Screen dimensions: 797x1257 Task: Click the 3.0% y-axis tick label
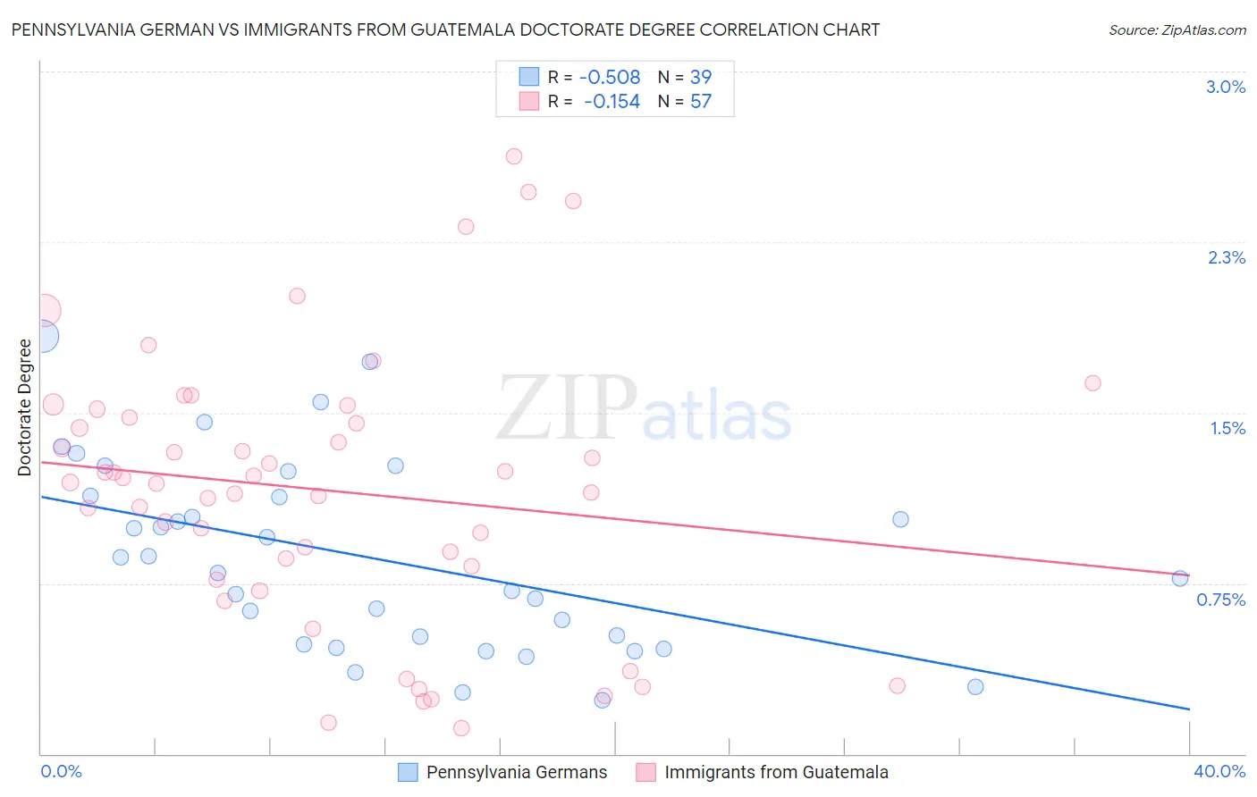pyautogui.click(x=1226, y=87)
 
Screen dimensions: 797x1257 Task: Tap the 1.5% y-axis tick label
pyautogui.click(x=1227, y=428)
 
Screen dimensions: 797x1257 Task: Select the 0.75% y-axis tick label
pyautogui.click(x=1220, y=600)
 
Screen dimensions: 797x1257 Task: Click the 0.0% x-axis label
pyautogui.click(x=61, y=771)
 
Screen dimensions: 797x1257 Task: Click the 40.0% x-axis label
pyautogui.click(x=1219, y=771)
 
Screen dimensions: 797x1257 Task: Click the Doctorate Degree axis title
pyautogui.click(x=25, y=407)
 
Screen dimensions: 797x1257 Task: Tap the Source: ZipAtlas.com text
pyautogui.click(x=1177, y=29)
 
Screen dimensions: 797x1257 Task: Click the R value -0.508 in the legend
pyautogui.click(x=610, y=78)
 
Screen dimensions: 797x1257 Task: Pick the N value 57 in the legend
pyautogui.click(x=701, y=102)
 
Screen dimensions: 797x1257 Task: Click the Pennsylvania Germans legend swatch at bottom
pyautogui.click(x=408, y=773)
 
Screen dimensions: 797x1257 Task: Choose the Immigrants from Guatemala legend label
pyautogui.click(x=776, y=773)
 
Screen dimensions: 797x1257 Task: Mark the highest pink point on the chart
pyautogui.click(x=514, y=156)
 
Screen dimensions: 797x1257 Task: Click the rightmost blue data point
pyautogui.click(x=1180, y=578)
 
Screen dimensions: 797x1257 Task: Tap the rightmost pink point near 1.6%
pyautogui.click(x=1092, y=383)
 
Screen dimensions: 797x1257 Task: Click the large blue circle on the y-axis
pyautogui.click(x=42, y=337)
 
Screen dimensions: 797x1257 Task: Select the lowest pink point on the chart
pyautogui.click(x=461, y=728)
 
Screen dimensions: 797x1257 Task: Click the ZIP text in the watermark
pyautogui.click(x=567, y=408)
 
